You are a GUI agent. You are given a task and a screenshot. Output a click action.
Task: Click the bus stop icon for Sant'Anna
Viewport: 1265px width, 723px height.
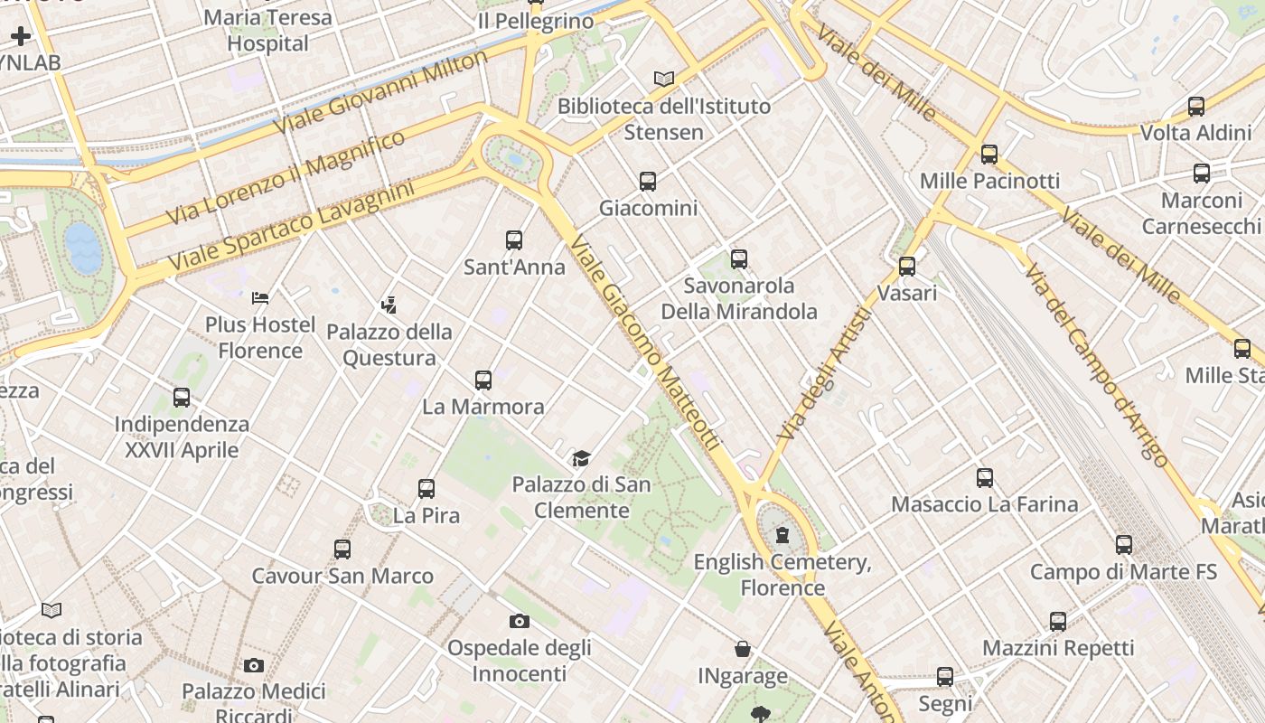(514, 239)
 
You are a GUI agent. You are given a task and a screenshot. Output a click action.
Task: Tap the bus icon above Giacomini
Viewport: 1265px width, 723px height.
(648, 181)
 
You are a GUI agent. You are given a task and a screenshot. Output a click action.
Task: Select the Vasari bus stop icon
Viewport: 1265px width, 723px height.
(907, 266)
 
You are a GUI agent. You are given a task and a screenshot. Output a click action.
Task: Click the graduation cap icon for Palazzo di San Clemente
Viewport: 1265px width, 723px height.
(581, 458)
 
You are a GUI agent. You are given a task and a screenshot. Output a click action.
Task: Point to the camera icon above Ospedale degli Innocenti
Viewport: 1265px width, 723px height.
(519, 621)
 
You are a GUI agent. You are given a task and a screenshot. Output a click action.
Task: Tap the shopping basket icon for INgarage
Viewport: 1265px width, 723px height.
(743, 649)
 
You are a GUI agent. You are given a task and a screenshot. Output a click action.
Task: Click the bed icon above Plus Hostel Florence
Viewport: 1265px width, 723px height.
(260, 297)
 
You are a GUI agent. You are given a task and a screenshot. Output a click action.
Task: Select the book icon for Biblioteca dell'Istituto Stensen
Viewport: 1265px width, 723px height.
(664, 79)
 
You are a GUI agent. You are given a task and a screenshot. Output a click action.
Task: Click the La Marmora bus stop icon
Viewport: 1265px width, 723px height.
(483, 380)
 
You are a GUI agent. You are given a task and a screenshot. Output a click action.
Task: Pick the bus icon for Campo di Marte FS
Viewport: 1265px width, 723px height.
(1124, 544)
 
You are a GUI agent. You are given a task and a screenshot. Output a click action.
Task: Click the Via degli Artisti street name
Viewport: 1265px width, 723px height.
(824, 373)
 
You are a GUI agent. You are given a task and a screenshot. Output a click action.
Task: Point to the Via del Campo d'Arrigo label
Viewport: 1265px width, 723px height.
(1096, 365)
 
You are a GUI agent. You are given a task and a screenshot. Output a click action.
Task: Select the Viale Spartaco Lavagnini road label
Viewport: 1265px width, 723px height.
(291, 225)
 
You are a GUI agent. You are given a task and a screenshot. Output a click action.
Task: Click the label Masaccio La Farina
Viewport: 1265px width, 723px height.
(985, 504)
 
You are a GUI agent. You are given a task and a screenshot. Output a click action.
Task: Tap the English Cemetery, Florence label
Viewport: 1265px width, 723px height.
(782, 575)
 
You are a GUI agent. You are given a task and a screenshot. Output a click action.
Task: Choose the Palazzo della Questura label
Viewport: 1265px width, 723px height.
(389, 344)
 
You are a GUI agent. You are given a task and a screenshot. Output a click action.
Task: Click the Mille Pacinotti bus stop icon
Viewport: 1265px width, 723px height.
(989, 154)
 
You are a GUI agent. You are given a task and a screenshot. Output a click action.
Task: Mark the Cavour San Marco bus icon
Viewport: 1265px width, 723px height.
(342, 549)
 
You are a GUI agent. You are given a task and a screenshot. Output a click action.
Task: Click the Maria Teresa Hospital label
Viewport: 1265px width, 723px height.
(267, 30)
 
